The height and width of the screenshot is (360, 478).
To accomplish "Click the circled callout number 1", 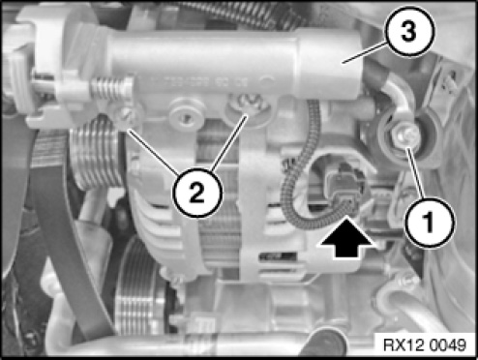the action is coord(430,222).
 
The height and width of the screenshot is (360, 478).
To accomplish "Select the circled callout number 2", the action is coord(197,193).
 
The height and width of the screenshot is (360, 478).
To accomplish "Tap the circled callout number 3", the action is coord(408,31).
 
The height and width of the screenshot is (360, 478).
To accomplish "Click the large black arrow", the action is coord(346,238).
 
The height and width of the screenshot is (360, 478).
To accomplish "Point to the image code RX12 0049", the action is coord(425,345).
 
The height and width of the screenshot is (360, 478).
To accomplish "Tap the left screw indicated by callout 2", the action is coord(127,115).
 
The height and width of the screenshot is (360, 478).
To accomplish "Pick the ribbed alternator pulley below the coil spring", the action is coord(96,154).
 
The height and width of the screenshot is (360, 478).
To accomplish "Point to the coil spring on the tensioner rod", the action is coord(107,88).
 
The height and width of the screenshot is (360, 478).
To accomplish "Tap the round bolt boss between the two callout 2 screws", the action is coord(186,113).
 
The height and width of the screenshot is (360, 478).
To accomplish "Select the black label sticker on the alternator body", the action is coord(278,256).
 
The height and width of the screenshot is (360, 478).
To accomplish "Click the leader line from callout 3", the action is coord(365,52).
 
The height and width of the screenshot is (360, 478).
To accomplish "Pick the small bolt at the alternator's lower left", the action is coord(174,278).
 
